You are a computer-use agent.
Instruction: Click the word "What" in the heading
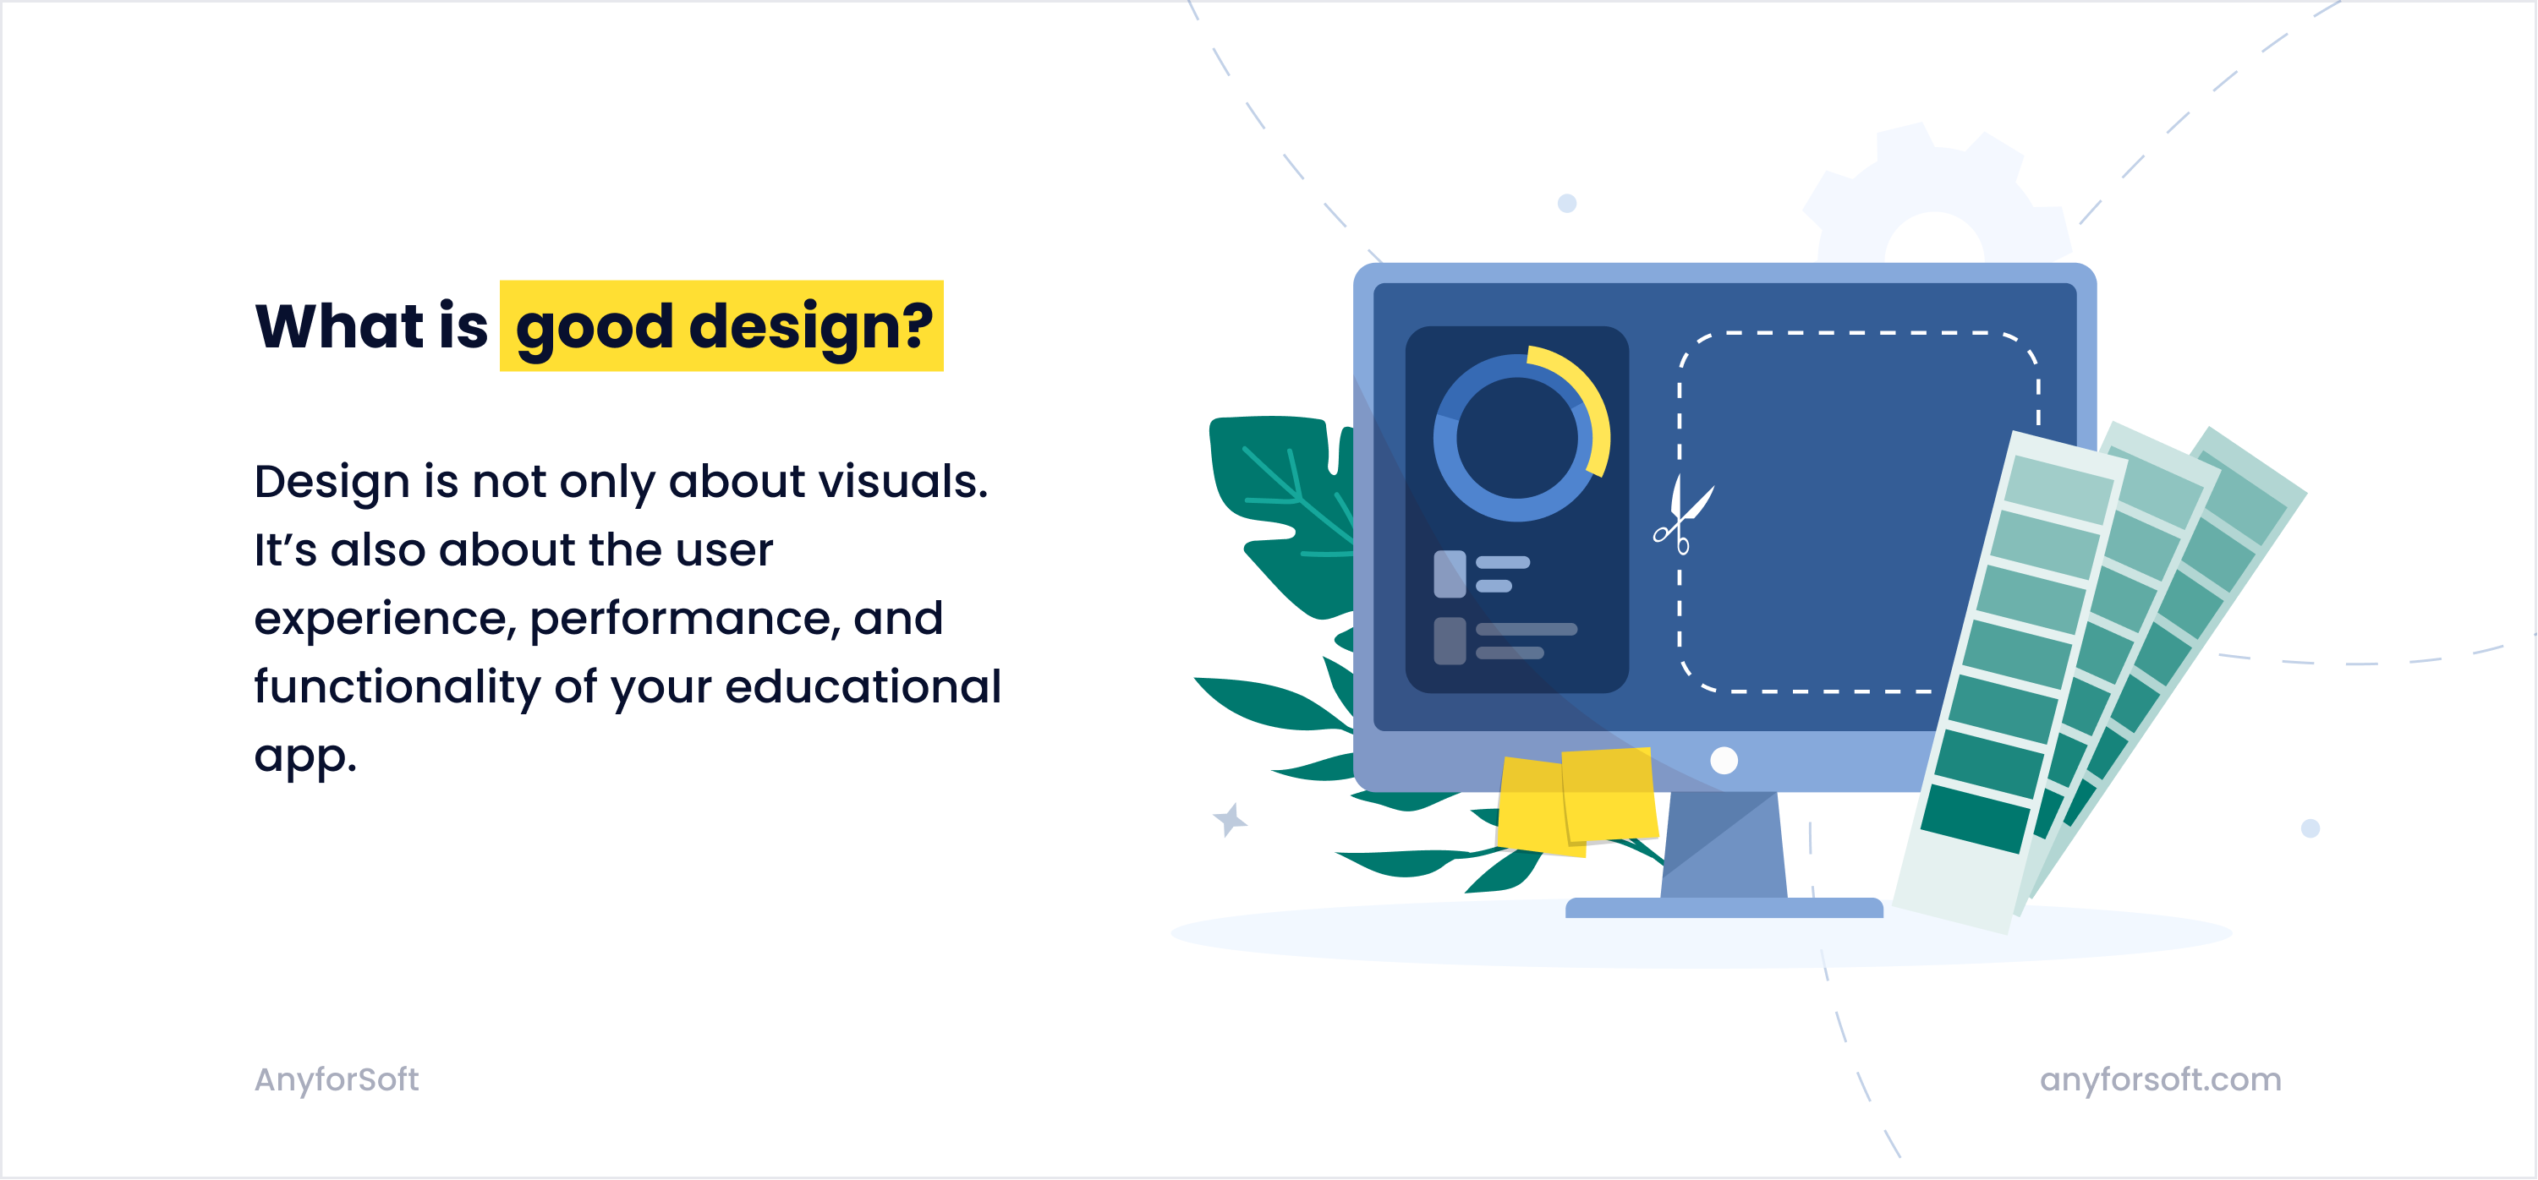pyautogui.click(x=340, y=325)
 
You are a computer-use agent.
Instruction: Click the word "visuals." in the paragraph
pyautogui.click(x=902, y=481)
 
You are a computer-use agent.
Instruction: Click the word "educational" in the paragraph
pyautogui.click(x=863, y=686)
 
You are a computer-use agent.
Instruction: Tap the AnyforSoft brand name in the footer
pyautogui.click(x=337, y=1079)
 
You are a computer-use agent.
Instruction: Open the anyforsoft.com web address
pyautogui.click(x=2160, y=1079)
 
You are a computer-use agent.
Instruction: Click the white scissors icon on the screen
pyautogui.click(x=1683, y=513)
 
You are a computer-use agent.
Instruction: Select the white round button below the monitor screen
pyautogui.click(x=1724, y=761)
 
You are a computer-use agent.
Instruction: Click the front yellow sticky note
pyautogui.click(x=1609, y=794)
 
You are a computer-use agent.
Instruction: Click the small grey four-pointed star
pyautogui.click(x=1230, y=818)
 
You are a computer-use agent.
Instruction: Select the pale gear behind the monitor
pyautogui.click(x=1933, y=197)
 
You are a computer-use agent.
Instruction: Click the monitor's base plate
pyautogui.click(x=1724, y=907)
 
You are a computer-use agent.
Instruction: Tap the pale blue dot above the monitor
pyautogui.click(x=1566, y=203)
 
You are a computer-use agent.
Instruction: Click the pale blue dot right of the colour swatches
pyautogui.click(x=2311, y=828)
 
